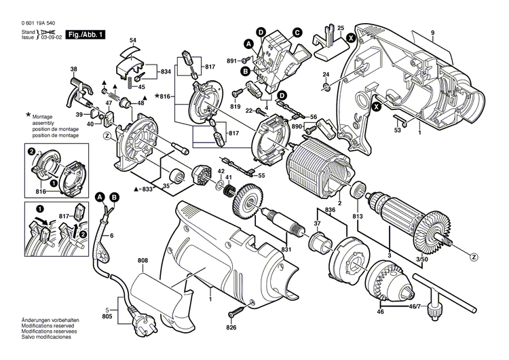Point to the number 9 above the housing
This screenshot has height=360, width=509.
pyautogui.click(x=432, y=33)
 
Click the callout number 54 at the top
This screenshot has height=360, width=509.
pyautogui.click(x=132, y=41)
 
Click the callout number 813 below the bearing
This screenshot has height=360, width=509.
pyautogui.click(x=357, y=217)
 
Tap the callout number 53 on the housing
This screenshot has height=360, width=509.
pyautogui.click(x=398, y=130)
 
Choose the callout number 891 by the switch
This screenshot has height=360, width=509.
pyautogui.click(x=231, y=61)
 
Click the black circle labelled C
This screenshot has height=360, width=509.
pyautogui.click(x=297, y=31)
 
